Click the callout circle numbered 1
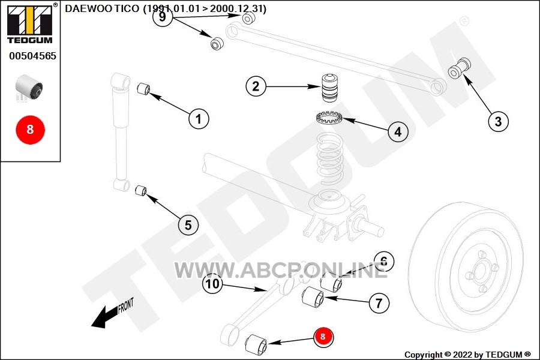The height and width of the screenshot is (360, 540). (x=199, y=119)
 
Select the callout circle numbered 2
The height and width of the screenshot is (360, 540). (x=256, y=86)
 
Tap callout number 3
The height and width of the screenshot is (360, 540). (x=499, y=121)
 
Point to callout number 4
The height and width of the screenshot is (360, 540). (x=398, y=131)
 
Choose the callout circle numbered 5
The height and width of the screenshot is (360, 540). (x=188, y=225)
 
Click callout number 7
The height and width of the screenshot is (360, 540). (x=379, y=303)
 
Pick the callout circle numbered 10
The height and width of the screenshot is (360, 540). (x=212, y=284)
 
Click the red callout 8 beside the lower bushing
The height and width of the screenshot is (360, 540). (x=323, y=337)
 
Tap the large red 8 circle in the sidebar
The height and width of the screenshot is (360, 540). (x=31, y=130)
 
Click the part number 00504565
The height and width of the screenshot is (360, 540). (x=33, y=56)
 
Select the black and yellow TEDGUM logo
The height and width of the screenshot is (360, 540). (x=30, y=24)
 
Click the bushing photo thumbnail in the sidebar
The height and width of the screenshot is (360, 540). (x=29, y=86)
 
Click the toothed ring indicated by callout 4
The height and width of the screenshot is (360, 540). (x=329, y=118)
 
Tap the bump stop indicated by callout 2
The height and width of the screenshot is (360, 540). (x=329, y=88)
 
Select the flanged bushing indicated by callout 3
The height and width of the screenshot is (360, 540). (x=459, y=68)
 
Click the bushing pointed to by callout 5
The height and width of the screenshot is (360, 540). (x=140, y=190)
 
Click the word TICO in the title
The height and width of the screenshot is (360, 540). (x=127, y=8)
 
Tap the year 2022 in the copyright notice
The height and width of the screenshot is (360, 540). (x=463, y=355)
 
